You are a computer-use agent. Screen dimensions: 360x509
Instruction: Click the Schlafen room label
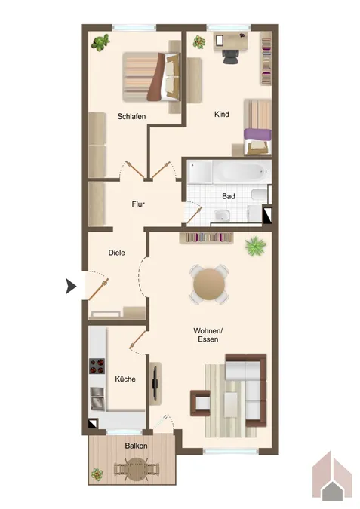pos(131,116)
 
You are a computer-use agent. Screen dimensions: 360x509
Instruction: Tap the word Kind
pos(222,115)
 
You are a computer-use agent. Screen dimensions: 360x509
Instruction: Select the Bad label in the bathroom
pos(229,196)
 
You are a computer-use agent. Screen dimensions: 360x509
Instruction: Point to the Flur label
pos(138,204)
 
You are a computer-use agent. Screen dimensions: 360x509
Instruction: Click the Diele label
pos(117,253)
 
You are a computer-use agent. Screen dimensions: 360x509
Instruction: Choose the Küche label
pos(125,379)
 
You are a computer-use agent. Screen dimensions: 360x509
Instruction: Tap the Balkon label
pos(136,446)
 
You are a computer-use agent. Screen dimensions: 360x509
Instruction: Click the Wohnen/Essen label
pos(208,335)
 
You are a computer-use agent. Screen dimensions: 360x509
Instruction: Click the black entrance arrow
pos(71,287)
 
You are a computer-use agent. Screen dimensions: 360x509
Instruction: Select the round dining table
pos(209,284)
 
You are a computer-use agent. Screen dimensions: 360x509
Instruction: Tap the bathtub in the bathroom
pos(242,172)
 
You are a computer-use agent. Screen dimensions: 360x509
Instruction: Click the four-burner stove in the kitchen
pos(97,366)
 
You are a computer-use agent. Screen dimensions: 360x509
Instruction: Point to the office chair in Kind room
pos(232,56)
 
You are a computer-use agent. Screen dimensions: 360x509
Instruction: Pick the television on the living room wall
pos(155,383)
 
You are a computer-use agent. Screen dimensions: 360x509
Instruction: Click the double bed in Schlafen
pos(151,77)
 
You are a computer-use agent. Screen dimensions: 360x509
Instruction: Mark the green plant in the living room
pos(255,246)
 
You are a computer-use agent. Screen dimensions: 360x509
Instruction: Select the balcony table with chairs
pos(137,468)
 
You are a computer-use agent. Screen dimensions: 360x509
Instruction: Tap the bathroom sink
pos(222,215)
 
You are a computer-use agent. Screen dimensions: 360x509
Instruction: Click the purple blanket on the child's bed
pos(257,133)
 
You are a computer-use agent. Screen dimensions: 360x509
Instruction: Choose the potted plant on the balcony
pos(97,474)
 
